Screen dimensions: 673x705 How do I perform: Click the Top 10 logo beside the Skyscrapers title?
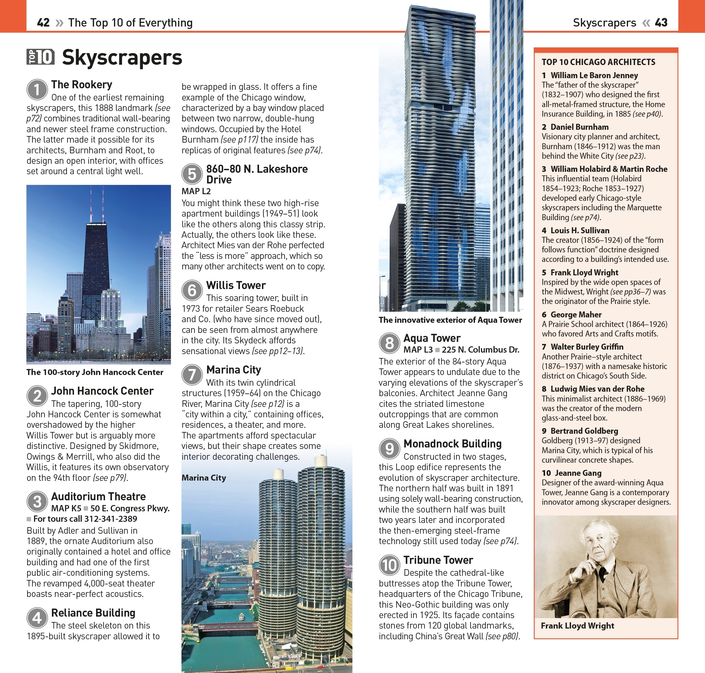point(41,57)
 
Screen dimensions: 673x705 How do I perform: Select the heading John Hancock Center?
point(102,391)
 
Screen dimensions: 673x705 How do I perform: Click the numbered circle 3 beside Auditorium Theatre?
point(37,501)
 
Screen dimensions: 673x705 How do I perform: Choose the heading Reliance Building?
point(93,613)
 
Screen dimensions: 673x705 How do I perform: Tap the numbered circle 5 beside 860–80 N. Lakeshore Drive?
point(192,174)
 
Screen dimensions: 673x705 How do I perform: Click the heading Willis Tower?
point(236,285)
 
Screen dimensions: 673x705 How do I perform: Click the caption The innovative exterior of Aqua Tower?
point(450,320)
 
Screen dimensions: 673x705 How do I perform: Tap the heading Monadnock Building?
point(452,444)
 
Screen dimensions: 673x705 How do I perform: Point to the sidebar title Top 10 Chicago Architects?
point(598,62)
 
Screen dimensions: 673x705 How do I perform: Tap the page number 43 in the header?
point(661,23)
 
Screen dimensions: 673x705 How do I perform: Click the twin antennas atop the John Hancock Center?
point(97,204)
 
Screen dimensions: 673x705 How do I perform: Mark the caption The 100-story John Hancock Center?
point(95,372)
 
